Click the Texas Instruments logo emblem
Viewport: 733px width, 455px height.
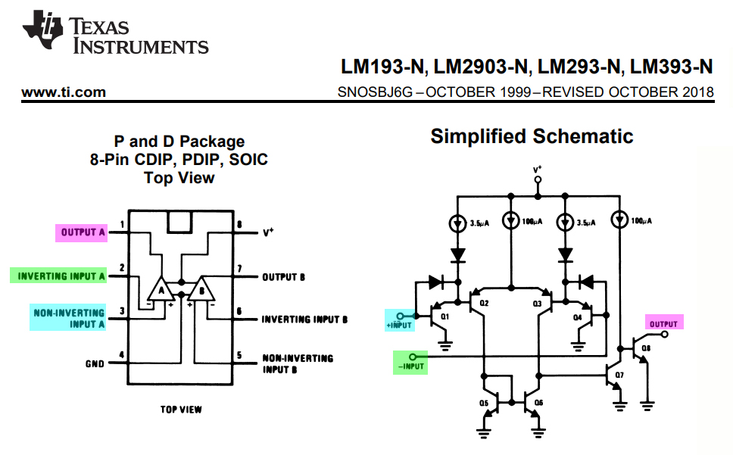click(x=42, y=30)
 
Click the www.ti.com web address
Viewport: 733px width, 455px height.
click(x=64, y=92)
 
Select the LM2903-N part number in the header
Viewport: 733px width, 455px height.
click(x=480, y=67)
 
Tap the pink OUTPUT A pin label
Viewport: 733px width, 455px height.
click(x=81, y=232)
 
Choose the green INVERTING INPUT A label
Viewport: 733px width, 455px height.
click(x=58, y=276)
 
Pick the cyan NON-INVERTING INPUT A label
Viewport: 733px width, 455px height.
click(x=68, y=318)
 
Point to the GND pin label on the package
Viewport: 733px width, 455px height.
click(x=95, y=364)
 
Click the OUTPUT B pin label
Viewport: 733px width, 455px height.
click(x=283, y=277)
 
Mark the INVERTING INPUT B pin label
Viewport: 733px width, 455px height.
click(x=304, y=319)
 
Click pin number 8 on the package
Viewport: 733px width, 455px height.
click(x=239, y=225)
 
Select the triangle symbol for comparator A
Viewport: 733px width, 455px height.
click(x=161, y=290)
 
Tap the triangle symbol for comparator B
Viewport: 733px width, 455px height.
click(x=201, y=290)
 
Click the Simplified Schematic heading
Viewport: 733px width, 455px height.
click(x=532, y=136)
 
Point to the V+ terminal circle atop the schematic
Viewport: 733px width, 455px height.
click(x=538, y=179)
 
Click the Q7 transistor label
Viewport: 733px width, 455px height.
click(x=619, y=375)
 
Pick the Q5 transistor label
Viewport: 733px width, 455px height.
click(x=483, y=403)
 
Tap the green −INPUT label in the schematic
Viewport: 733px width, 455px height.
click(x=410, y=363)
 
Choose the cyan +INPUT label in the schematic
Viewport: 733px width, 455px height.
click(x=400, y=320)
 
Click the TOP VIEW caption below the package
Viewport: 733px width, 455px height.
click(x=181, y=410)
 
